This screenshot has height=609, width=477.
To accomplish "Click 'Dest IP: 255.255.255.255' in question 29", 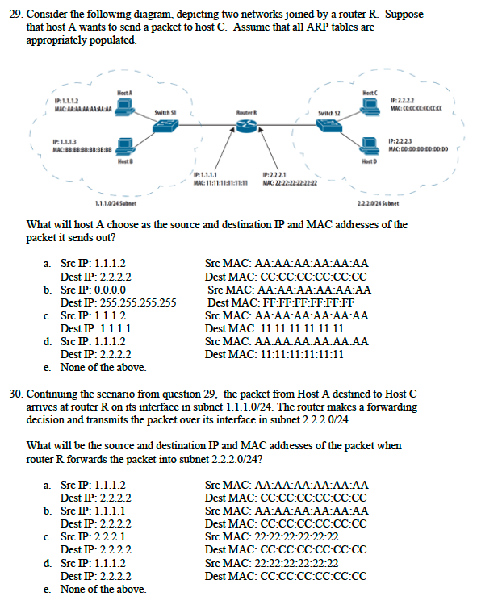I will (x=119, y=303).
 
